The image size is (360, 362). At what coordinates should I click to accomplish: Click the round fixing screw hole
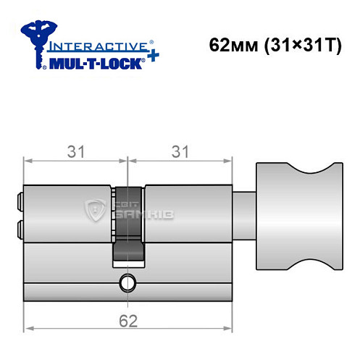click(128, 282)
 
